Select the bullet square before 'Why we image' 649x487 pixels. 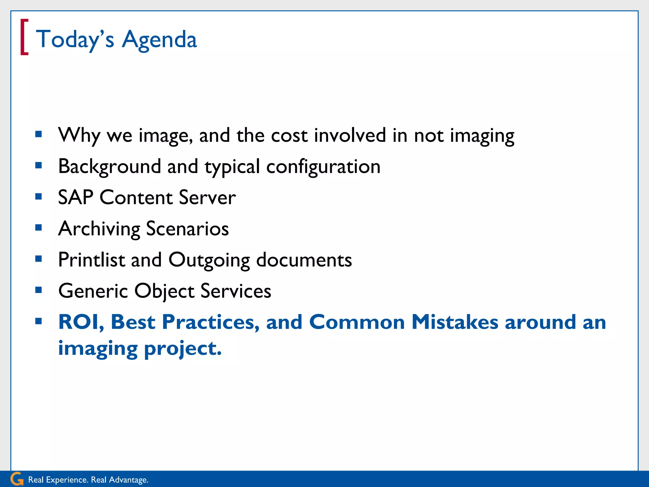[x=39, y=134]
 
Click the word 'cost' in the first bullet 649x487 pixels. [x=289, y=135]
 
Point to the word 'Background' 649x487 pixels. [x=110, y=166]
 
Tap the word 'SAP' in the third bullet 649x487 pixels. [x=75, y=198]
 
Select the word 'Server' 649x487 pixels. [x=207, y=198]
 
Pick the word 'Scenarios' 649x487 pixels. [x=187, y=229]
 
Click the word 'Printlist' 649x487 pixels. [x=92, y=260]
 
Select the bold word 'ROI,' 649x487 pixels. [x=81, y=322]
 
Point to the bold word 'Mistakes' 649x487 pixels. [x=455, y=322]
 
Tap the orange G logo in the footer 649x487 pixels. [x=17, y=479]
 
